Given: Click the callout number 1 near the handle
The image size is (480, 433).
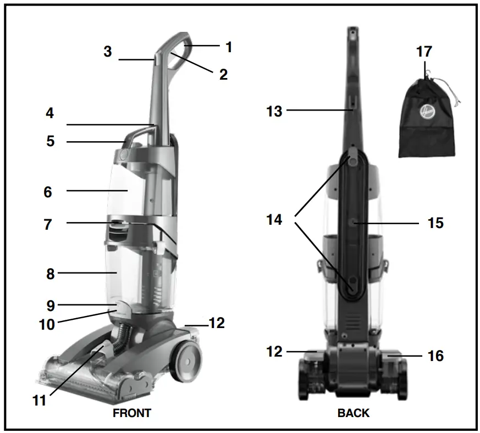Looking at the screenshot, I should coord(229,47).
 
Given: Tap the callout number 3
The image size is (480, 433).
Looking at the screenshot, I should coord(108,52).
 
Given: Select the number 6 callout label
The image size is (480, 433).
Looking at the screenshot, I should coord(48,192).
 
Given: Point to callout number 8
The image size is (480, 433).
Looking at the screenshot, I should coord(51,273).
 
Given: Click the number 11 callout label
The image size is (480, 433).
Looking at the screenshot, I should coord(39,401).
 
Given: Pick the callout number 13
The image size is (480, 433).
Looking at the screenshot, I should coord(274,112).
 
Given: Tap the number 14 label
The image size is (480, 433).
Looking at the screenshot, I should coord(274,220).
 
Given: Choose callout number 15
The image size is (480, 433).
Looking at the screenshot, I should coord(435,224).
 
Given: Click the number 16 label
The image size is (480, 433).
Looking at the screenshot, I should coord(435,356).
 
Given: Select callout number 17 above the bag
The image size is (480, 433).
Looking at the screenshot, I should coord(424,52).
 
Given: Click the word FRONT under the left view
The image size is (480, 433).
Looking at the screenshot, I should coord(132,413).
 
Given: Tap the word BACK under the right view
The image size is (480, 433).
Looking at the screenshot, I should coord(354,413).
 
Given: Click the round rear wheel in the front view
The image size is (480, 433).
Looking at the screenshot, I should coord(187,361).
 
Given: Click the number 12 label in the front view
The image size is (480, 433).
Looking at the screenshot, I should coord(217,323).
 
